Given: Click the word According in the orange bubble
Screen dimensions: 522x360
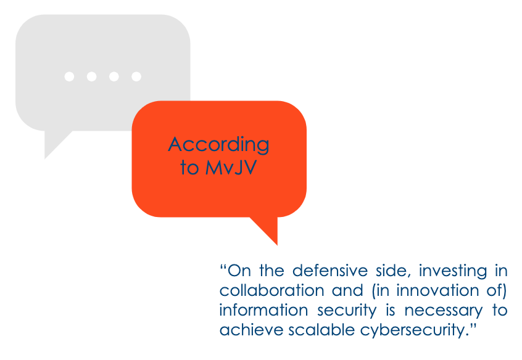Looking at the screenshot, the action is click(x=218, y=145).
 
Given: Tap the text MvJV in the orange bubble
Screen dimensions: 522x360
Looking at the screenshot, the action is click(x=231, y=167).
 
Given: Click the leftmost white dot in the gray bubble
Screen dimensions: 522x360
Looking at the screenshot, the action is click(x=69, y=76).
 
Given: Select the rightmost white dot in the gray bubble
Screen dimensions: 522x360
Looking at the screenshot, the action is click(x=136, y=76).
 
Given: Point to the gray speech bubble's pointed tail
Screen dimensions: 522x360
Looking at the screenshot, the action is click(x=56, y=143).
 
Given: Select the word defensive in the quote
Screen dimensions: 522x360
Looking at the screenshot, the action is click(x=330, y=271).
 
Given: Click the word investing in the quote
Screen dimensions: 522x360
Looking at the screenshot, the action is click(x=453, y=271).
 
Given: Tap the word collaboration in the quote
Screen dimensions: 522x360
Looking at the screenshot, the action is click(x=271, y=290).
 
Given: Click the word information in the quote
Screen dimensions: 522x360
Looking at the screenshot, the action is click(x=263, y=310).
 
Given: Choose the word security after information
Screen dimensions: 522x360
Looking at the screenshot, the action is click(x=347, y=311).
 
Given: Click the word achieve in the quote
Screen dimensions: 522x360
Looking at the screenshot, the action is click(x=251, y=330).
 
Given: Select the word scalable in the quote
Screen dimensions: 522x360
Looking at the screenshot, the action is click(x=321, y=330).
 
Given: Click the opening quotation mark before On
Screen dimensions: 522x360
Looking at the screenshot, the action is click(x=223, y=267).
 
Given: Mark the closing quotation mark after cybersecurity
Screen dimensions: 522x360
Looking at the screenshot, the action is click(x=473, y=326).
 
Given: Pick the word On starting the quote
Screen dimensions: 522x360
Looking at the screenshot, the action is click(x=239, y=271).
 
